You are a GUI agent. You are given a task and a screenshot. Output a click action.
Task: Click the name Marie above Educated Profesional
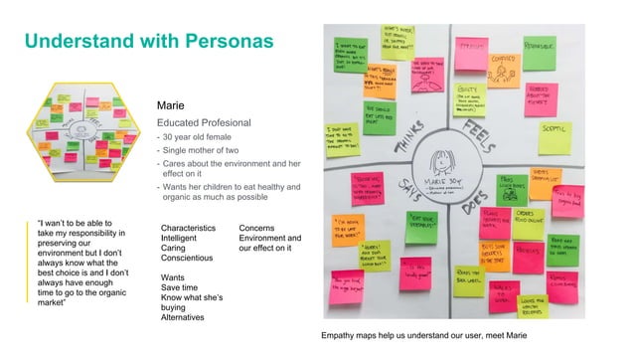click(171, 104)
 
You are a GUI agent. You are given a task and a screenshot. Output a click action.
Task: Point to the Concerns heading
click(260, 228)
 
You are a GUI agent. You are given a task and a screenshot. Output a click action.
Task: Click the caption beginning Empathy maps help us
click(421, 335)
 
